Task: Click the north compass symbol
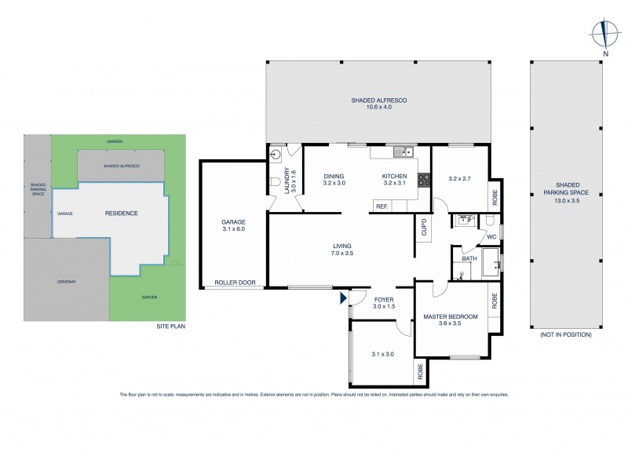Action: pos(604,34)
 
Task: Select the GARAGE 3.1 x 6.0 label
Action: pos(233,226)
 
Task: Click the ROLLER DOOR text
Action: pos(236,283)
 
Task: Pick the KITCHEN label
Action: pos(394,179)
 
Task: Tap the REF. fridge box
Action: pos(382,206)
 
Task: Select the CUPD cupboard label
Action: pos(424,227)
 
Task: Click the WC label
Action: pos(492,235)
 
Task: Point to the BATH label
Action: pos(469,258)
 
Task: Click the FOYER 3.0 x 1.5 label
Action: pos(384,303)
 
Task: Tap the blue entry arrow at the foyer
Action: pos(342,298)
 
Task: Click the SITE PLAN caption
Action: pos(171,326)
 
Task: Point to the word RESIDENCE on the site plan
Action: pos(122,213)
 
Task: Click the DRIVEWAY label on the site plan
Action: pos(66,281)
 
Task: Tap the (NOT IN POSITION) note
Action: pos(565,334)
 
